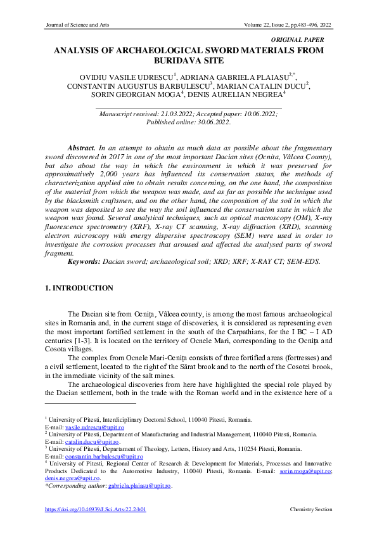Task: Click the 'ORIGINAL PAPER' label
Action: (x=305, y=39)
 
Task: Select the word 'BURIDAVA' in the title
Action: (x=179, y=61)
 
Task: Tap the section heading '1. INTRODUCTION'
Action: (x=79, y=289)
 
